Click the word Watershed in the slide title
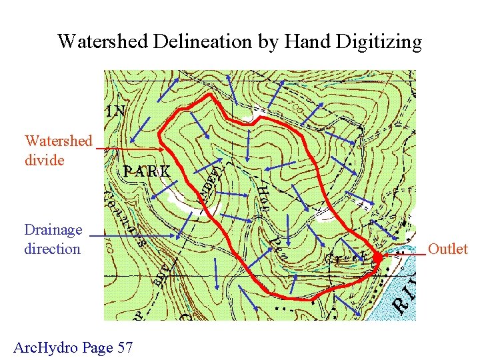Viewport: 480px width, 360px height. click(x=93, y=42)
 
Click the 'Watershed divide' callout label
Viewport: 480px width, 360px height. click(x=58, y=151)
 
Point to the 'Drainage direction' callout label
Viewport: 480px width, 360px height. click(x=53, y=239)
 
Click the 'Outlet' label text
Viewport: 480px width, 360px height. click(x=447, y=249)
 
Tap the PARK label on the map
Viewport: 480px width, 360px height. click(x=147, y=171)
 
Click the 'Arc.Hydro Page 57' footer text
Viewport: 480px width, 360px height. click(x=73, y=347)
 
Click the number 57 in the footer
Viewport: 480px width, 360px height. click(x=124, y=347)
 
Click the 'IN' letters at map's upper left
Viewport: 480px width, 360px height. click(x=115, y=111)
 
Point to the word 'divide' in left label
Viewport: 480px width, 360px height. click(x=44, y=161)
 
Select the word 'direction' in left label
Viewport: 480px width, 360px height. click(x=52, y=249)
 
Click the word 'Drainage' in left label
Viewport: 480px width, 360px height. click(x=53, y=230)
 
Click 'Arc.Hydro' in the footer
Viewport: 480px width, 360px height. click(x=45, y=347)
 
